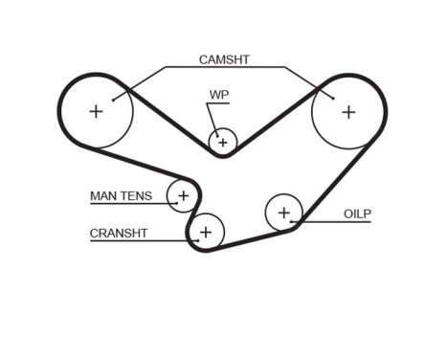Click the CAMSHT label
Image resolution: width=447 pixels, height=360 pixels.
point(224,59)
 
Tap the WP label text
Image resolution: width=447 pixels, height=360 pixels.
point(219,95)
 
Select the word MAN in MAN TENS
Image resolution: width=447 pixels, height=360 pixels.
point(102,196)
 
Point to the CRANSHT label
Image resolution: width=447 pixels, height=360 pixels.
point(119,234)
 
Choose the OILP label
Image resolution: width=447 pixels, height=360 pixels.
point(357,214)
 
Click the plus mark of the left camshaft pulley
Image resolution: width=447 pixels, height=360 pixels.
point(96,112)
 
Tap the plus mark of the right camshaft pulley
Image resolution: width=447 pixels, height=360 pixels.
point(348,112)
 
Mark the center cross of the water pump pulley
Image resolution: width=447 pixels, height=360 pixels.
point(223,143)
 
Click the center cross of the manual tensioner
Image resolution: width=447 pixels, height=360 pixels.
point(184,195)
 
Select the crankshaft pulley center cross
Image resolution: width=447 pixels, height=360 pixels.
point(206,233)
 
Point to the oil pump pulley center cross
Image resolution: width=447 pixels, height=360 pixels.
point(284,213)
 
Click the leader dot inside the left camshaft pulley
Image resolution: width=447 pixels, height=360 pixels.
point(113,101)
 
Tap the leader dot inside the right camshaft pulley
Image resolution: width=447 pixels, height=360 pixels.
point(333,99)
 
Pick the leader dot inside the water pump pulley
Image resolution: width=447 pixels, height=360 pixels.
point(218,136)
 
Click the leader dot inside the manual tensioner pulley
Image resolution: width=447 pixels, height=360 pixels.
point(176,203)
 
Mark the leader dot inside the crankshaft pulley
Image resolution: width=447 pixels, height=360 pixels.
point(198,240)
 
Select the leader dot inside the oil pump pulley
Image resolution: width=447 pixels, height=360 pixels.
point(291,221)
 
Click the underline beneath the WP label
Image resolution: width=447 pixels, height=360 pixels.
point(218,103)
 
